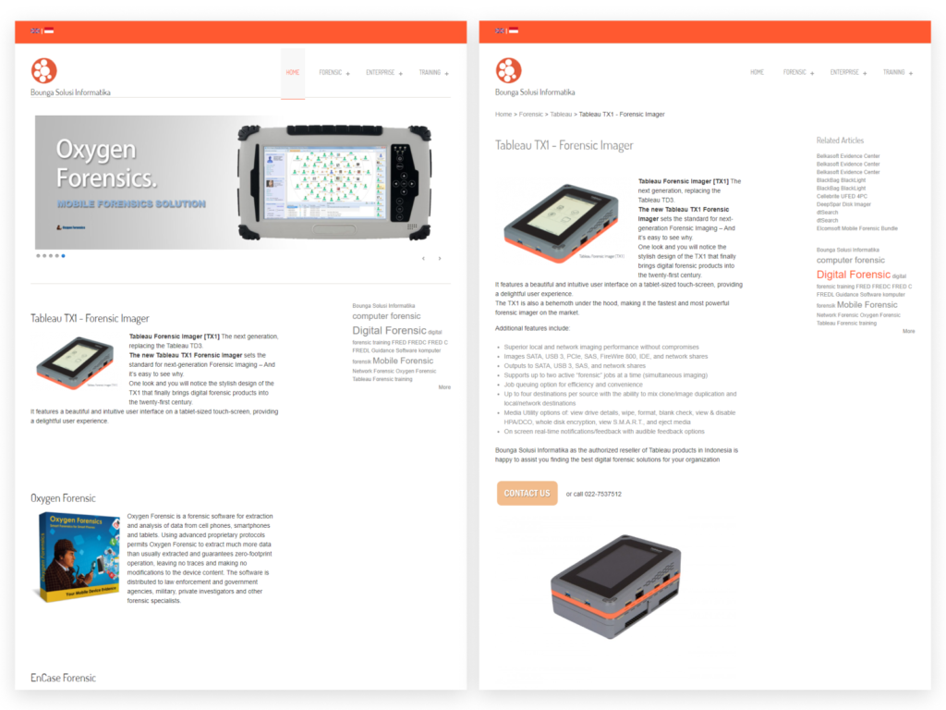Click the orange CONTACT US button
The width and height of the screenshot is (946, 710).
coord(527,493)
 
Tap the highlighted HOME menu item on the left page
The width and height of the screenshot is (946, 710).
coord(292,72)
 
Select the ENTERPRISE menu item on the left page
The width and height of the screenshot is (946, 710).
coord(380,72)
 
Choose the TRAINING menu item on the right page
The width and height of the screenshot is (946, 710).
coord(893,72)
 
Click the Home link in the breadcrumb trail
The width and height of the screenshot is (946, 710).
coord(503,115)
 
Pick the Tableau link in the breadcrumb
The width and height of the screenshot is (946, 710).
coord(561,115)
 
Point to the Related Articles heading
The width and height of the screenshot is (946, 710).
coord(840,141)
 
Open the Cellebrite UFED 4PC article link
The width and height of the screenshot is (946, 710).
coord(842,196)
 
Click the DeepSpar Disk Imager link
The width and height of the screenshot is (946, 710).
coord(843,204)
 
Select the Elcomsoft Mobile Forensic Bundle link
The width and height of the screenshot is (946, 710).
coord(856,228)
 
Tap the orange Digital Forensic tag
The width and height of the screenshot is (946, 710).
coord(853,275)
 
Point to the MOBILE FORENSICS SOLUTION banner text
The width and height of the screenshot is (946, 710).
coord(131,203)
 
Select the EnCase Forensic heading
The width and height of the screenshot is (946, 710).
coord(63,678)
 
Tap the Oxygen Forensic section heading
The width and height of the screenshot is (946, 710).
coord(63,498)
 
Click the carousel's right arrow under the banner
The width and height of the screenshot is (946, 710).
coord(440,259)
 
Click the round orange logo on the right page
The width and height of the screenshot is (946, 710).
coord(508,70)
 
